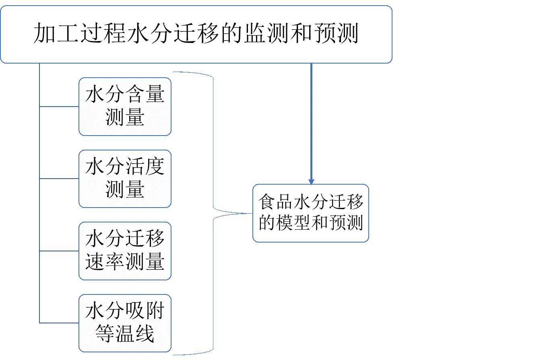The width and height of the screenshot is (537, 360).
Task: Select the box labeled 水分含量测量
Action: [125, 107]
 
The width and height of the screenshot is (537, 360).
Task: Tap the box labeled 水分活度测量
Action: [125, 179]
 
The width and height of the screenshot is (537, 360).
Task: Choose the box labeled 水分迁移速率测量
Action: [125, 251]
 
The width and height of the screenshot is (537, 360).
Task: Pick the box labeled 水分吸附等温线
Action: [125, 323]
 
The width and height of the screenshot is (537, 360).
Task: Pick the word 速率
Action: [105, 262]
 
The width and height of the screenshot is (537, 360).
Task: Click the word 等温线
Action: [125, 334]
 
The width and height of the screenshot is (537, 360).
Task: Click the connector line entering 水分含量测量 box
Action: [59, 107]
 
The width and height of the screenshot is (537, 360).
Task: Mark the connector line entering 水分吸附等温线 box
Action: [59, 323]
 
